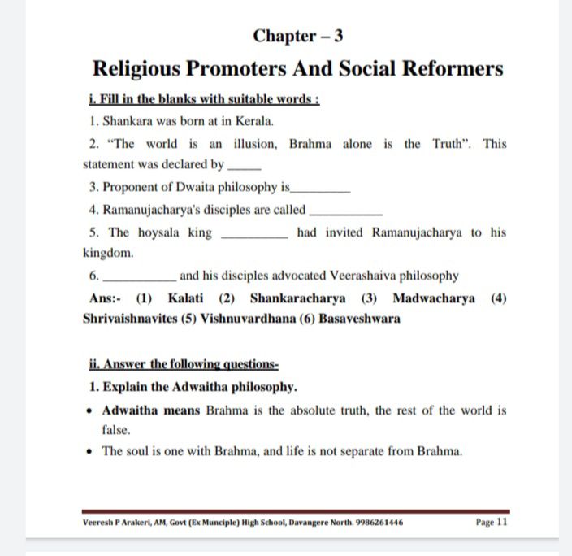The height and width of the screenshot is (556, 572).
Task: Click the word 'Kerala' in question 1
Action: click(x=254, y=121)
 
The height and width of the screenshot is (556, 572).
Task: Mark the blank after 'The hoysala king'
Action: click(x=253, y=234)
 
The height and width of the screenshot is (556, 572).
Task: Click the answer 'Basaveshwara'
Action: click(x=359, y=319)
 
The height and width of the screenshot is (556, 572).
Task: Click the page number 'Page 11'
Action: click(x=491, y=522)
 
